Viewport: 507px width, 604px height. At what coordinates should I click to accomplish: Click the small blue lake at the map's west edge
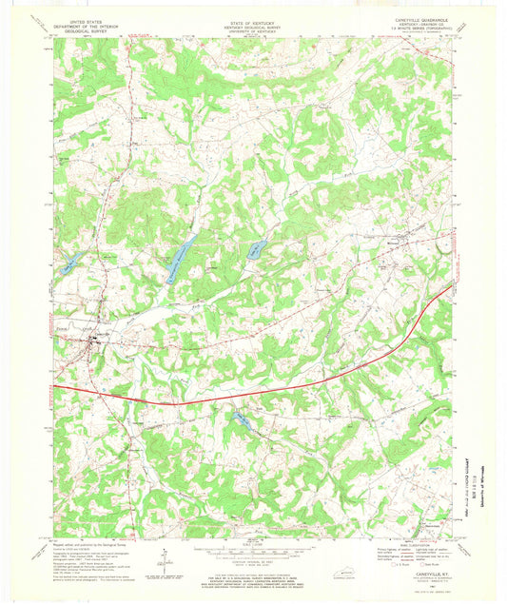point(67,267)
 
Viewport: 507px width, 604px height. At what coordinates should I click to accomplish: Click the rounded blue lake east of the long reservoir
point(256,251)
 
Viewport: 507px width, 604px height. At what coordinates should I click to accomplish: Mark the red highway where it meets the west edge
point(55,387)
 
